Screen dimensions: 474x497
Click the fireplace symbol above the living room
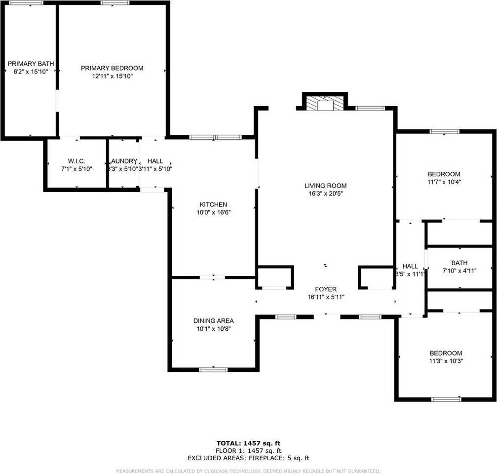pos(324,103)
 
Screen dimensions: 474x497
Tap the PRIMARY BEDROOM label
pos(112,68)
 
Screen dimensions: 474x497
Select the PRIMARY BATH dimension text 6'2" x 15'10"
pos(31,72)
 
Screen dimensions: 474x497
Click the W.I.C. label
pos(76,161)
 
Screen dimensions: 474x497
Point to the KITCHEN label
pos(213,204)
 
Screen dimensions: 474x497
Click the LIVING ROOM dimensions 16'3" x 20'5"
pos(325,194)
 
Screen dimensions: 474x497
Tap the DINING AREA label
pos(213,320)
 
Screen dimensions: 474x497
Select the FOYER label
pos(326,289)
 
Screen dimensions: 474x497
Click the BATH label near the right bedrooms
pos(459,263)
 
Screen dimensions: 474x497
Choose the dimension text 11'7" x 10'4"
pos(444,182)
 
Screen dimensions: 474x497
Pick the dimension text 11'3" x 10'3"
pos(446,361)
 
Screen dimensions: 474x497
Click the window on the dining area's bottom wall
pos(213,369)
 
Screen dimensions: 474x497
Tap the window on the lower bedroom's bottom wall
pos(446,399)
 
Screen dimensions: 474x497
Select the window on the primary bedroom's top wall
pos(115,3)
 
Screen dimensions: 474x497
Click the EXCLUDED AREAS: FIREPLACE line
pos(248,458)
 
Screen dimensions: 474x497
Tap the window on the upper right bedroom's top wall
pos(444,131)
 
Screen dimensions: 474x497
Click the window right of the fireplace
pos(370,108)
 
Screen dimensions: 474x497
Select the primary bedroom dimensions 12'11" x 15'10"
pos(112,76)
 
